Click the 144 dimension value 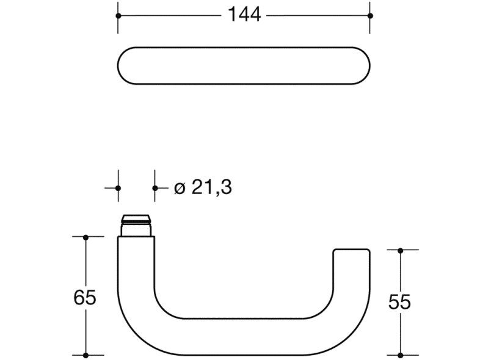(244, 15)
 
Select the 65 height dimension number (84, 298)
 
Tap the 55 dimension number (400, 301)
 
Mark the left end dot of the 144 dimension (118, 15)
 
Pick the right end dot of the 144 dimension (370, 15)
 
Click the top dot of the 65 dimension (85, 237)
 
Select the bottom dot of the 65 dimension (85, 355)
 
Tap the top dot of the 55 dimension (400, 250)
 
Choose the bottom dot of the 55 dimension (400, 355)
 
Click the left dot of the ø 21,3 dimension (118, 188)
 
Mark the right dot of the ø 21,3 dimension (155, 188)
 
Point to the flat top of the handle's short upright (352, 249)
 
